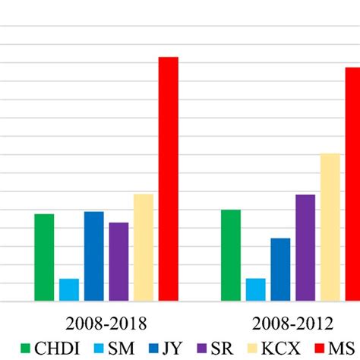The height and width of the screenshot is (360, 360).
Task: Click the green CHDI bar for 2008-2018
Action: (44, 257)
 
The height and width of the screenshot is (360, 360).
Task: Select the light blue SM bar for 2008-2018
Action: (69, 290)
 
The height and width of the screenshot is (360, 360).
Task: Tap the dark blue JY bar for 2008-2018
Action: (94, 256)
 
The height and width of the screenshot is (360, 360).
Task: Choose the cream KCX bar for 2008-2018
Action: (144, 248)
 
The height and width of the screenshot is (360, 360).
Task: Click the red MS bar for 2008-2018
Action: (168, 179)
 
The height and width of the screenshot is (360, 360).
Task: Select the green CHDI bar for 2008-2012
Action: (231, 255)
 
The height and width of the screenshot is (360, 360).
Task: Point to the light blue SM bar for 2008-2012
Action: (256, 289)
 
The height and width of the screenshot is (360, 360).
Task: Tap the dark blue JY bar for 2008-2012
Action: (280, 270)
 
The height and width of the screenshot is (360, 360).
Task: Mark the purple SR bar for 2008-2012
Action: (305, 248)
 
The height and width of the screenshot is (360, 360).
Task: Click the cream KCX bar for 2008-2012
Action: (330, 227)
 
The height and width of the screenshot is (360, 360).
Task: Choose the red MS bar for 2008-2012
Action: (352, 184)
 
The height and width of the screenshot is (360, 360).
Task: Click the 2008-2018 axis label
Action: (106, 322)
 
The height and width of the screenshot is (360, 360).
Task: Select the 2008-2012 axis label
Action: (292, 322)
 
